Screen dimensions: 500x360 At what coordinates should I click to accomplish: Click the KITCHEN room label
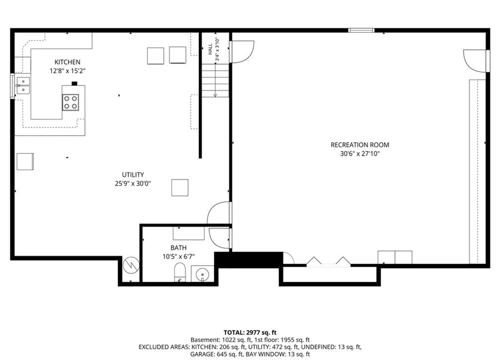click(x=67, y=62)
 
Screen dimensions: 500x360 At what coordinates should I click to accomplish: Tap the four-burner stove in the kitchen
click(x=70, y=103)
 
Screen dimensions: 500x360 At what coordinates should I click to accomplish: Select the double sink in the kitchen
click(x=23, y=86)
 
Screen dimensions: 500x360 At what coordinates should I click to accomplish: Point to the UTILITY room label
click(x=133, y=175)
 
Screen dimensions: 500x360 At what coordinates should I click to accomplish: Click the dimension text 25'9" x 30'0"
click(x=133, y=183)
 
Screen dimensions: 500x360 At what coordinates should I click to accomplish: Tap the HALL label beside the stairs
click(x=210, y=49)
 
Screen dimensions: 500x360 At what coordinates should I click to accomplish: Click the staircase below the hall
click(x=215, y=81)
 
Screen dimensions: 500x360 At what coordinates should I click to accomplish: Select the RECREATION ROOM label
click(x=360, y=145)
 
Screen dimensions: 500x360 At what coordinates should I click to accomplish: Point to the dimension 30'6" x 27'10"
click(x=360, y=154)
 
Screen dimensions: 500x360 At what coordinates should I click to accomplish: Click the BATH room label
click(x=179, y=248)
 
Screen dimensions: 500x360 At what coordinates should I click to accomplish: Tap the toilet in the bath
click(x=180, y=272)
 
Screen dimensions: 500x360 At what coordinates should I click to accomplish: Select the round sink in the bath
click(x=202, y=274)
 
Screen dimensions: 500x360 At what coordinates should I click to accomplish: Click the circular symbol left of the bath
click(x=131, y=265)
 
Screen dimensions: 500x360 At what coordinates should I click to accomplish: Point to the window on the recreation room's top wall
click(x=361, y=30)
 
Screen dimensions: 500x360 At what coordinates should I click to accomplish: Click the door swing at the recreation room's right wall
click(x=475, y=61)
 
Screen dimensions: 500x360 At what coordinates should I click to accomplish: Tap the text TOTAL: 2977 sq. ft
click(x=250, y=333)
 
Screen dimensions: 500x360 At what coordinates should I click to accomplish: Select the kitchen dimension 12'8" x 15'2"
click(x=67, y=71)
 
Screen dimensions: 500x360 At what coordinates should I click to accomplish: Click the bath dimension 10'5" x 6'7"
click(x=179, y=256)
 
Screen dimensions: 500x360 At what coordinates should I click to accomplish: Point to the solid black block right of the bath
click(x=249, y=259)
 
